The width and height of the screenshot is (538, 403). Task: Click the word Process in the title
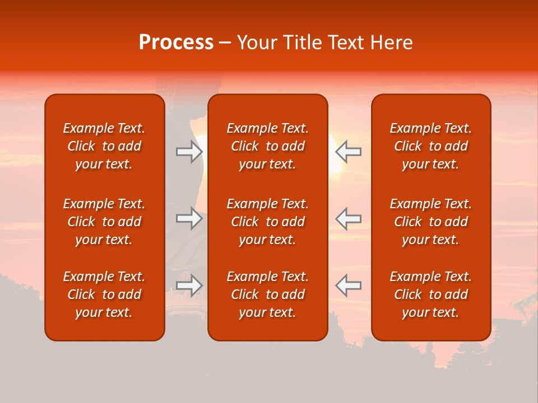pyautogui.click(x=176, y=43)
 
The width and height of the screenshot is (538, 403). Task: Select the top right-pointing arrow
pyautogui.click(x=189, y=152)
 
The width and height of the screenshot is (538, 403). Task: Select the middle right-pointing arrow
pyautogui.click(x=189, y=218)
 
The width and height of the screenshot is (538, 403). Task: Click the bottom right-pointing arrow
pyautogui.click(x=189, y=285)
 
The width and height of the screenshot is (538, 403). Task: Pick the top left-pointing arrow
pyautogui.click(x=348, y=152)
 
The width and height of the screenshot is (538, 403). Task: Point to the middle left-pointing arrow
pyautogui.click(x=348, y=218)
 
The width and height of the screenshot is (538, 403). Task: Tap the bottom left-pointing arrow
pyautogui.click(x=348, y=285)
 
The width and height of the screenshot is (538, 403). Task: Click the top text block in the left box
pyautogui.click(x=104, y=146)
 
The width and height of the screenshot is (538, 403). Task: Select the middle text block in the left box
pyautogui.click(x=104, y=222)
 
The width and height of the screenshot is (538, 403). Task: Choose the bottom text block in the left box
pyautogui.click(x=104, y=294)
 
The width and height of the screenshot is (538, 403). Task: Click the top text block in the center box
pyautogui.click(x=267, y=146)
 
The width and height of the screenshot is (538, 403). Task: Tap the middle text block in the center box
pyautogui.click(x=267, y=222)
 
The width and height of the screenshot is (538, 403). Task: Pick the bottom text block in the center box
pyautogui.click(x=267, y=294)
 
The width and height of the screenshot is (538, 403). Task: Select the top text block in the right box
pyautogui.click(x=430, y=146)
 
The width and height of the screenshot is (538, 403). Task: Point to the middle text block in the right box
pyautogui.click(x=430, y=222)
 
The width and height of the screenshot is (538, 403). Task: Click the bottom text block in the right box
pyautogui.click(x=430, y=294)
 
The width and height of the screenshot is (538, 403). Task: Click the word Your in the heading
pyautogui.click(x=256, y=43)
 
